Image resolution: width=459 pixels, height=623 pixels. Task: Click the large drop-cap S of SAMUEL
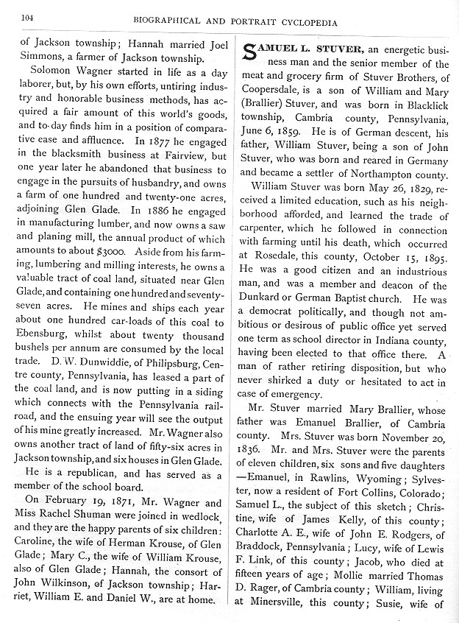[250, 53]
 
